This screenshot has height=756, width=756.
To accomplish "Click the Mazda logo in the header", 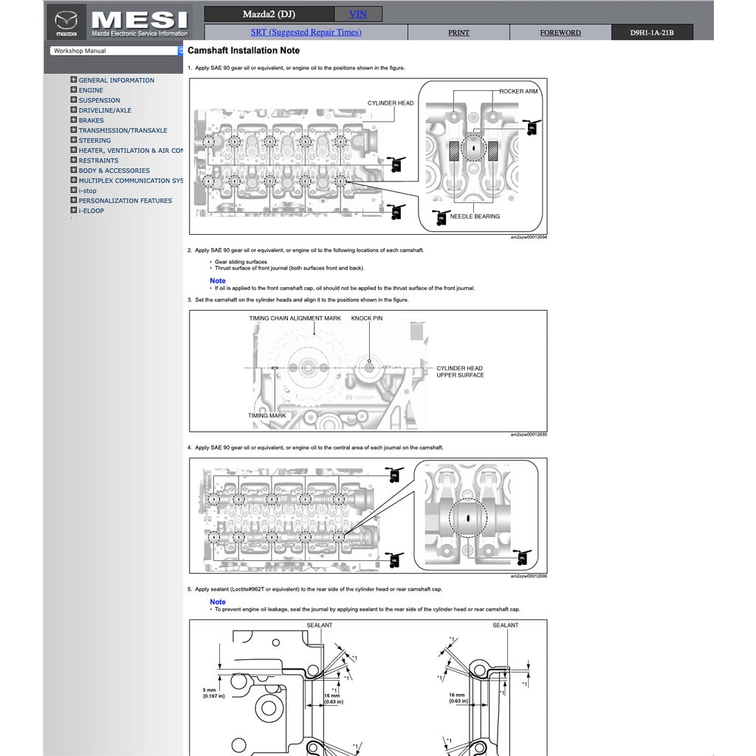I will (66, 22).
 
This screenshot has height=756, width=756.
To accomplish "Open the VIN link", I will (358, 14).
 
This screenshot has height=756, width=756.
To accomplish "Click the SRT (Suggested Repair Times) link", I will (306, 32).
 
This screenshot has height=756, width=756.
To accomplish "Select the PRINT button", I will (458, 32).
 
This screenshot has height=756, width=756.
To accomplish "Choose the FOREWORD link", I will (560, 32).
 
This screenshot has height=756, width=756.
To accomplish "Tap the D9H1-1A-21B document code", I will (652, 32).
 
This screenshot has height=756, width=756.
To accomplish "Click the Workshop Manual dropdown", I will (117, 51).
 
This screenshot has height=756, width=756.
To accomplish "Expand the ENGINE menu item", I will (91, 90).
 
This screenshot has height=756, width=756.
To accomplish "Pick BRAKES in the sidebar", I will (91, 120).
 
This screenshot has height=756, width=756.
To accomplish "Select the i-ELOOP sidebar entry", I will (91, 210).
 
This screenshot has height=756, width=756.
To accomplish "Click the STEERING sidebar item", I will (94, 140).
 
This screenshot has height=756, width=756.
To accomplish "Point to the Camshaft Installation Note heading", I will (244, 51).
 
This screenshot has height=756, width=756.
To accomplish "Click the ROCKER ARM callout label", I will (518, 92).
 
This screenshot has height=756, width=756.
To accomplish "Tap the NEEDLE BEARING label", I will (475, 216).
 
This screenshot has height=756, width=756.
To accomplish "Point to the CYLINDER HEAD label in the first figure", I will (391, 103).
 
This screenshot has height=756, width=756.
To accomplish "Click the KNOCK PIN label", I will (367, 318).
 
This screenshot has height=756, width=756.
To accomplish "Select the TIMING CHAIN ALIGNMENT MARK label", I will (295, 318).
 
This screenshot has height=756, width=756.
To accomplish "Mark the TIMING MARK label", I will (267, 416).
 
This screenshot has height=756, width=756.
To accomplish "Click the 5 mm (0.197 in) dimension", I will (213, 693).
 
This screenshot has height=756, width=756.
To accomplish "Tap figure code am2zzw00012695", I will (529, 434).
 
